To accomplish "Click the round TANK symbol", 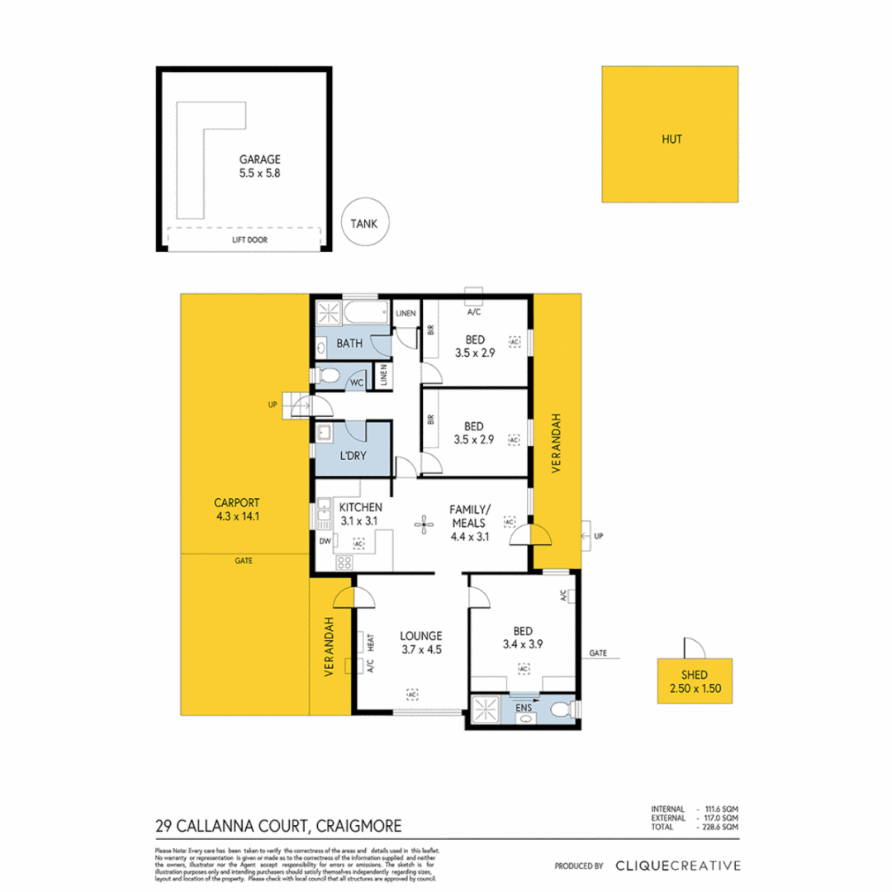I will coord(364,222).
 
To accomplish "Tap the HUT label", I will coord(670,139).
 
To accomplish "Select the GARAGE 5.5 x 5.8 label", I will coord(261,167).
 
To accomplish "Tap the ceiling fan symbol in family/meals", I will coord(424,522).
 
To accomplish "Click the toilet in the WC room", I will coord(328,377).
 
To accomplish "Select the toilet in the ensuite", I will coord(561,709).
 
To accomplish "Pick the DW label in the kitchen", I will coord(324,542).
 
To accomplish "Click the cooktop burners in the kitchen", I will coord(344,562).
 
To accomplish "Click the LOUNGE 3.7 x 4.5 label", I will coord(422,643).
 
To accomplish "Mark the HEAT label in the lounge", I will coord(372,642).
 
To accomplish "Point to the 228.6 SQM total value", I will coord(721,826).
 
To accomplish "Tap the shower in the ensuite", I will coord(484,709).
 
